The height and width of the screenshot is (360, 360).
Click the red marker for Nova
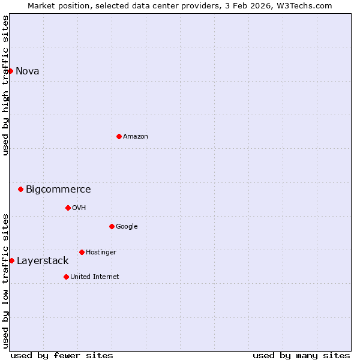point(10,71)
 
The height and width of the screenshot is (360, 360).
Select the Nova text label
point(28,71)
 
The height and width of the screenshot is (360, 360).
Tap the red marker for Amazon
point(119,136)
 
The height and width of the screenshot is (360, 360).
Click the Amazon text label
point(136,137)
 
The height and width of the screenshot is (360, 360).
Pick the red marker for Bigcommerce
point(20,189)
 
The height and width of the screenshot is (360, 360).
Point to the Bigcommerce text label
point(58,190)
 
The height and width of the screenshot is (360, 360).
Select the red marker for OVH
point(68,208)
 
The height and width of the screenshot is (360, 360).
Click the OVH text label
point(79,208)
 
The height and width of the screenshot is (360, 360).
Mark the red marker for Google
point(112,226)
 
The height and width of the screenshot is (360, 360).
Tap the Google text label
point(127,227)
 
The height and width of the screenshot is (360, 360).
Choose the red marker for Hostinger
point(82,252)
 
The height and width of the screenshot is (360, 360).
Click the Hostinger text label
point(101,253)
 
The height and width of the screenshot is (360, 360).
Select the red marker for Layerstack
point(11,260)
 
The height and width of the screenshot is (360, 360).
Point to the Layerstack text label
point(43,261)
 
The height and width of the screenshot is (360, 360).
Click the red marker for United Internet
point(66,277)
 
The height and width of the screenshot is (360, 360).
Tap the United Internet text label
point(95,277)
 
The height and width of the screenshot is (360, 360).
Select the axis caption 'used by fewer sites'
point(62,355)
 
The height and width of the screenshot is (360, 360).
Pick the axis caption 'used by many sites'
point(301,355)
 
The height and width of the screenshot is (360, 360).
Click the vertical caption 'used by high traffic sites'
point(5,85)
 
